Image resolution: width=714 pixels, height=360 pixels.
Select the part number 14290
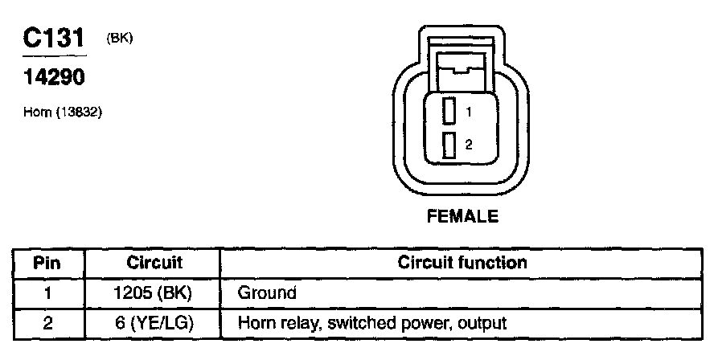click(x=54, y=79)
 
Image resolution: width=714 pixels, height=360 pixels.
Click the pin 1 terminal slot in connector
click(x=449, y=111)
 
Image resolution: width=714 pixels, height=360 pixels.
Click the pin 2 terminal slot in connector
click(x=449, y=145)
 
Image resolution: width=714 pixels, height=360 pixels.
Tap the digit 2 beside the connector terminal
click(x=468, y=145)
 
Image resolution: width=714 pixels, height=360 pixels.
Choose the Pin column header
click(x=47, y=263)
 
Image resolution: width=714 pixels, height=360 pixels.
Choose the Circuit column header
click(x=154, y=263)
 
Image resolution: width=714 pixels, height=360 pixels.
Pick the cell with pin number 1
click(x=47, y=293)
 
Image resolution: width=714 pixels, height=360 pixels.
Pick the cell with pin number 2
click(x=47, y=324)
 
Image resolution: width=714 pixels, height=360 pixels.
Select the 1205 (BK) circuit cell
click(x=154, y=293)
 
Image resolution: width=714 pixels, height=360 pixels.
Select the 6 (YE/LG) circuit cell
click(x=154, y=324)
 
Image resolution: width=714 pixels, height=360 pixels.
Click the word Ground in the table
click(x=268, y=293)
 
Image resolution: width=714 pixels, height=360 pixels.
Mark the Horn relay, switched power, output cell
click(x=372, y=324)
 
